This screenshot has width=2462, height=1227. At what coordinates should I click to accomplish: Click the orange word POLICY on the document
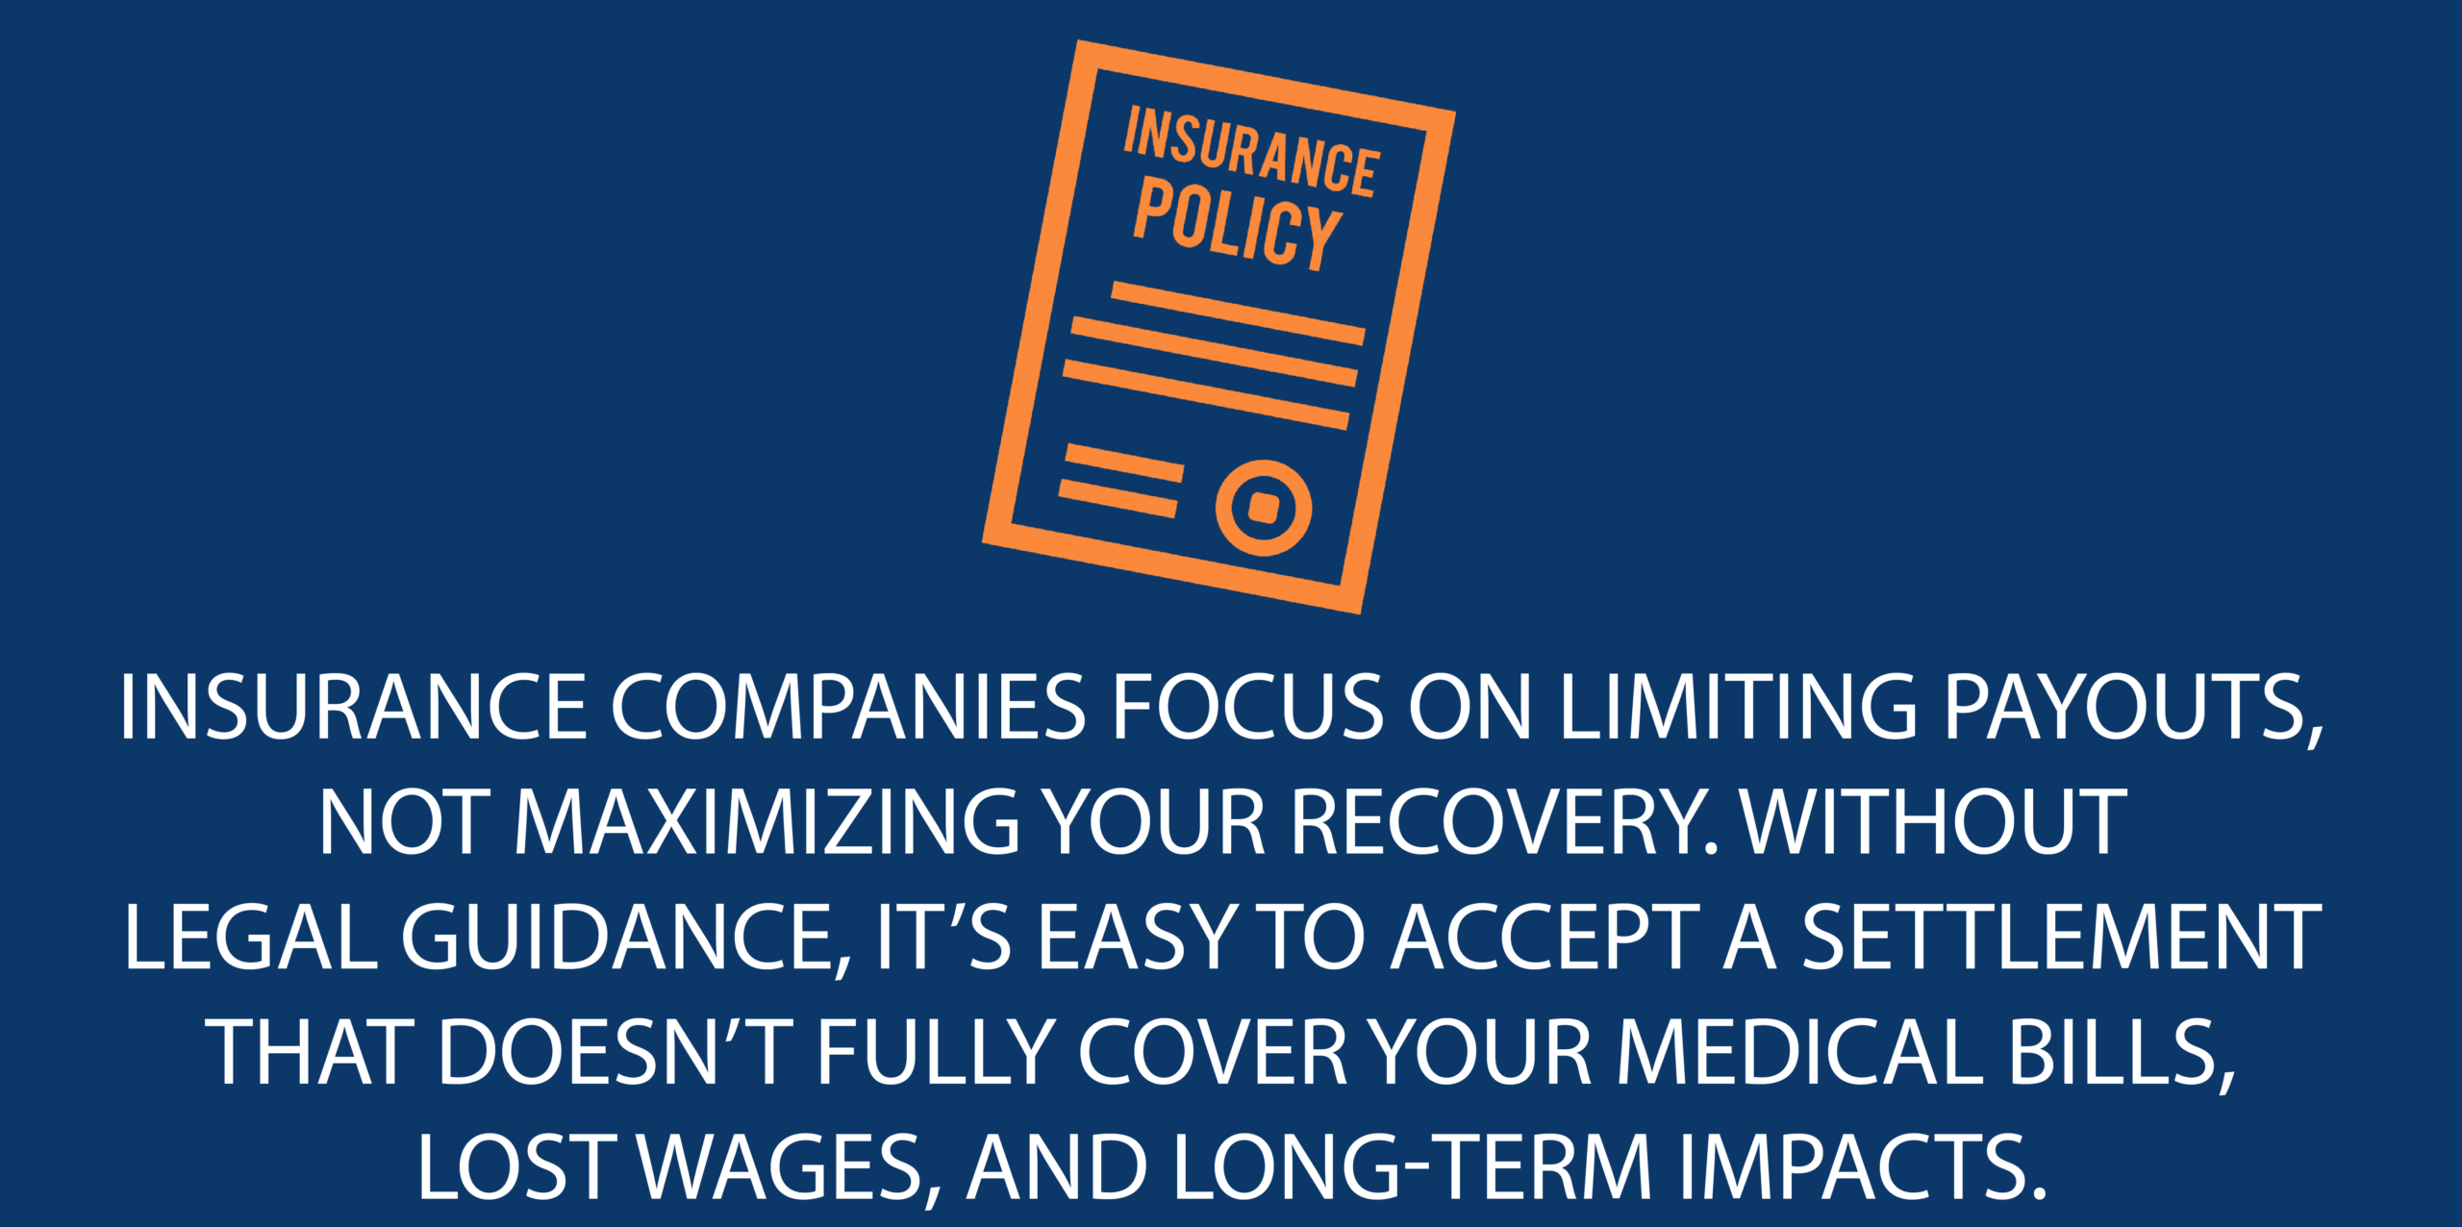1238,223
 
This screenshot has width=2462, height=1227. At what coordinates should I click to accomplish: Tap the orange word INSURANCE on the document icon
1252,152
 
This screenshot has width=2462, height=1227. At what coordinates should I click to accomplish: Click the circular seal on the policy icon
1264,508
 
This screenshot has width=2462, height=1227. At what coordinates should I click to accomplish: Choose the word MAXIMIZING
766,822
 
